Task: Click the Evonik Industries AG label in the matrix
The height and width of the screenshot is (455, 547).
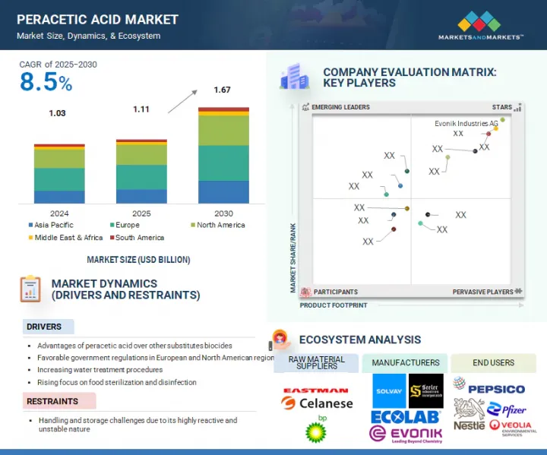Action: (466, 123)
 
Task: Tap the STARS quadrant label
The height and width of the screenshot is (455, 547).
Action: (501, 107)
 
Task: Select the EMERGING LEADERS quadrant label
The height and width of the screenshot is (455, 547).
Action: (340, 107)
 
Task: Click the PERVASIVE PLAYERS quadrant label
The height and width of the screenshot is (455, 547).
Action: (483, 292)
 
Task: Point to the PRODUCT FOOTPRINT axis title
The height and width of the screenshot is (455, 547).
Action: (333, 305)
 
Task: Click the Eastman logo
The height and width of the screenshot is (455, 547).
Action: (315, 390)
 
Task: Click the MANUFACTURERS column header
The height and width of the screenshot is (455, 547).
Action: (404, 362)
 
